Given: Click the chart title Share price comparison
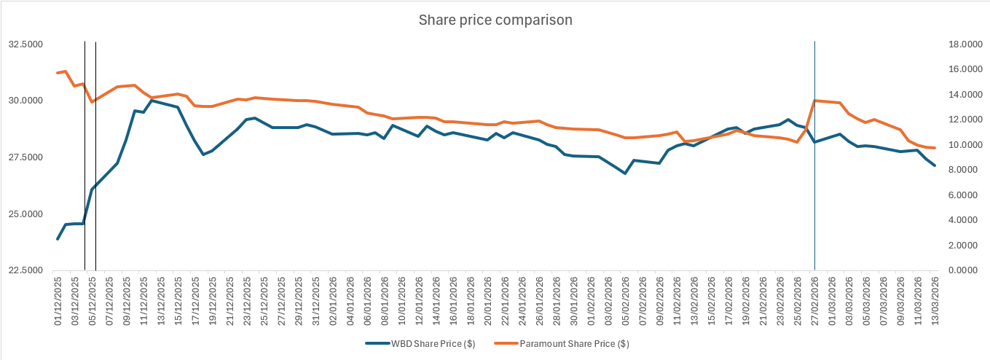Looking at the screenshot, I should pos(495,20).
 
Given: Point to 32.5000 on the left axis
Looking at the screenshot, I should pos(25,44).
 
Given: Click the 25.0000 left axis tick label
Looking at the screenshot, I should pos(25,214).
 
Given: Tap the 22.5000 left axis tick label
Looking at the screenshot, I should pos(25,270).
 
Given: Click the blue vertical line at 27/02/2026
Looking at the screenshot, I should pos(814,182).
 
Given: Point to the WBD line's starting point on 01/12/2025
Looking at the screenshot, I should pos(58,239).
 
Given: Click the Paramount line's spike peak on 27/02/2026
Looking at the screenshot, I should pos(814,101).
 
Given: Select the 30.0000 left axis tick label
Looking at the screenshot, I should pos(25,101).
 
